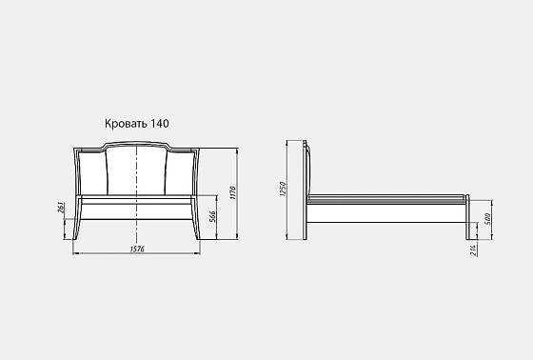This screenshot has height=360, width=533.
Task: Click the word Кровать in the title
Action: point(127,123)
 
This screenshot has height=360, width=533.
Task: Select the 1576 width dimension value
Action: point(138,250)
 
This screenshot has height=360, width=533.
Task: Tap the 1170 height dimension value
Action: point(231,195)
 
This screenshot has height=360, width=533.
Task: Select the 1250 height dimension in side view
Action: point(283,191)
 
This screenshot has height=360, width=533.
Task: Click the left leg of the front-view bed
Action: point(79,224)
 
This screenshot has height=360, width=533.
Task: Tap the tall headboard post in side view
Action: point(306,190)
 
